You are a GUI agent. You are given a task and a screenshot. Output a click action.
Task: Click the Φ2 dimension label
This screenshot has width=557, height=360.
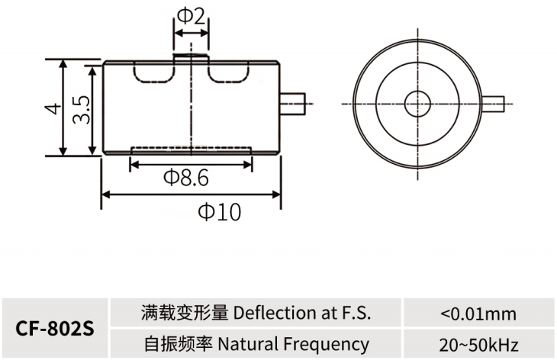[191, 16]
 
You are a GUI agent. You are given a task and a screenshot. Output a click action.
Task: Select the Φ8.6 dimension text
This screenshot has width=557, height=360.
[185, 178]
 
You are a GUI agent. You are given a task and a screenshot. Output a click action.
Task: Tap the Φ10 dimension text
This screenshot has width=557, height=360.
[220, 212]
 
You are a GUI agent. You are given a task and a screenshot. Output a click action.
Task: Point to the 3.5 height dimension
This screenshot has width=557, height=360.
[82, 109]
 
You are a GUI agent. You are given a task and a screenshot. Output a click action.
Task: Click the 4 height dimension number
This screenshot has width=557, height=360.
[53, 108]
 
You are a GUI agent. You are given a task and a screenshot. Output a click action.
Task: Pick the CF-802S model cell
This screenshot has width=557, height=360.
[55, 329]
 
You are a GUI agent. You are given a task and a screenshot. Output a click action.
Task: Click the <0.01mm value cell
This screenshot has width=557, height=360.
[478, 313]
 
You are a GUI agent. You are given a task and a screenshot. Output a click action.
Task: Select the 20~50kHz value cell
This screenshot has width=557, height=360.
[478, 345]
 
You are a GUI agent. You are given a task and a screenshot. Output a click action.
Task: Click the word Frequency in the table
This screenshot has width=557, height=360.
[326, 345]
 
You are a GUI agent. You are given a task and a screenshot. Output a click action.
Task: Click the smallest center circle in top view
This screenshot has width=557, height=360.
[417, 104]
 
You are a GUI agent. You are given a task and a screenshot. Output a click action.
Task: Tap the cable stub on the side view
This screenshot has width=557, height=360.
[293, 104]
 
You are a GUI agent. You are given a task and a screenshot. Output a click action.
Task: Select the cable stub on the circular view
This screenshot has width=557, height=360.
[493, 104]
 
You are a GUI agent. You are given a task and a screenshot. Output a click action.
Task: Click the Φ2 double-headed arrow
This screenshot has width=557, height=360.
[191, 34]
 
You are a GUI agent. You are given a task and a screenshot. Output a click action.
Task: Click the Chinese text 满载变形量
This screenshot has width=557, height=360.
[185, 313]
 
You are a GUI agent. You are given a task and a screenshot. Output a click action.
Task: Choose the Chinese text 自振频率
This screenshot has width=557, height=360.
[179, 344]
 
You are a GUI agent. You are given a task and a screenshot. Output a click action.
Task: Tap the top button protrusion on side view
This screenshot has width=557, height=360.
[191, 57]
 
